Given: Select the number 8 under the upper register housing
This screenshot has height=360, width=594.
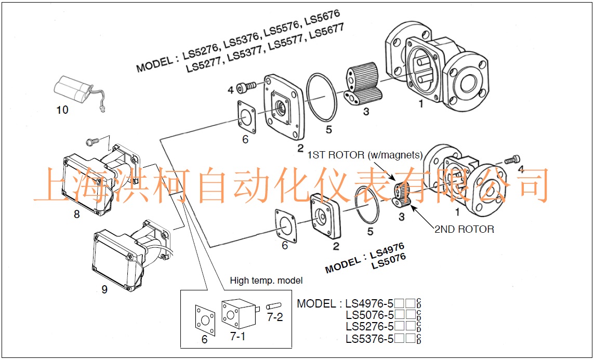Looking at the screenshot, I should [x=77, y=214].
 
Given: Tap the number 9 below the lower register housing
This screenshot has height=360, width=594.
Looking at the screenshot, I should [x=104, y=289].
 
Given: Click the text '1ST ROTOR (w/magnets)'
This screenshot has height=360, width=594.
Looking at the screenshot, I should [x=364, y=155].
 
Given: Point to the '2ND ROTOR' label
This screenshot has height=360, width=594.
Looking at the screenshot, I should [x=464, y=229].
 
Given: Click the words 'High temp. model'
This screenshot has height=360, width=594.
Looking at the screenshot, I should [x=266, y=281].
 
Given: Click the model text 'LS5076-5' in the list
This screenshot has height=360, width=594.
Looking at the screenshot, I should [x=369, y=315].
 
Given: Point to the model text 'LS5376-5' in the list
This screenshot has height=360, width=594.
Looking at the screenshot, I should [x=369, y=339].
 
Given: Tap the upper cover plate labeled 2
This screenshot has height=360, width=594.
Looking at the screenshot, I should [x=282, y=108].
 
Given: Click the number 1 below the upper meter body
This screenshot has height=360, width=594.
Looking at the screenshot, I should [x=420, y=103].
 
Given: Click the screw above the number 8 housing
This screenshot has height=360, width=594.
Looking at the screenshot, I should [x=91, y=141].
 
